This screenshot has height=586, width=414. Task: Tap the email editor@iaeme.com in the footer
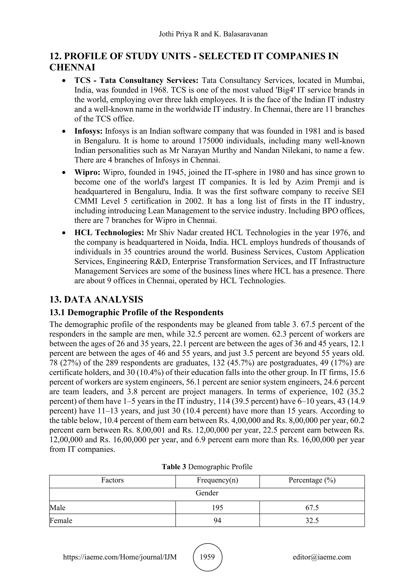[322, 557]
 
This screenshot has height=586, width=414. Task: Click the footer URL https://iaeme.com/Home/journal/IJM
[120, 557]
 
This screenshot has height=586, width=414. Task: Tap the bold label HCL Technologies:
[109, 232]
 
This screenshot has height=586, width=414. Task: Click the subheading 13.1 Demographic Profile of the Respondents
[136, 312]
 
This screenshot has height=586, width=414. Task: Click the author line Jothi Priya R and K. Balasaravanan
[213, 34]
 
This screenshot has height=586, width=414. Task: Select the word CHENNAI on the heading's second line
[72, 67]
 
